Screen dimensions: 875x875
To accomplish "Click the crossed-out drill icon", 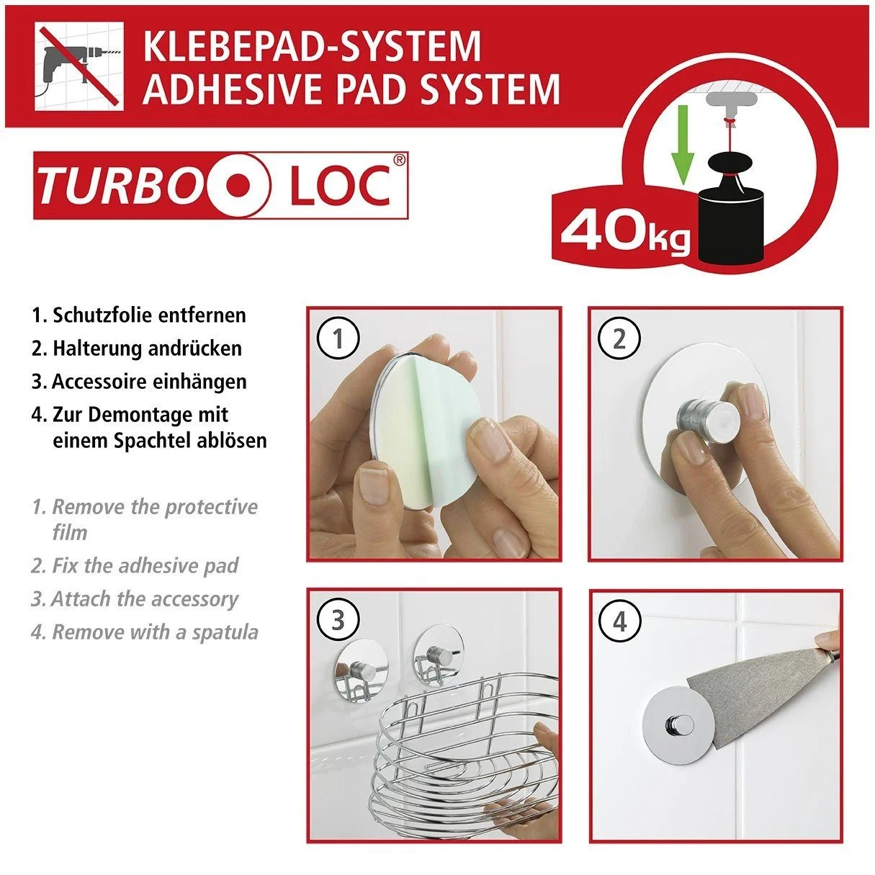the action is click(79, 66).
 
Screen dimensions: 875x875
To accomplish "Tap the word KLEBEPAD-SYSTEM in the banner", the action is click(312, 46).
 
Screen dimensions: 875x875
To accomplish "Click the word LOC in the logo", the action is click(340, 185).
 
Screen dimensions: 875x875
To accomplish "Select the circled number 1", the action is click(338, 338).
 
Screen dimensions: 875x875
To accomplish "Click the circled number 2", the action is click(619, 338).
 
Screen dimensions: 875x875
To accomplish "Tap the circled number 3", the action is click(338, 619).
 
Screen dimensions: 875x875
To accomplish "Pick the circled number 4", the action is click(619, 620).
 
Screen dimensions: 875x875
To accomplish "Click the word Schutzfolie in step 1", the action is click(102, 315).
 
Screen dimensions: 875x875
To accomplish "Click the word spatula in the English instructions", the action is click(225, 632).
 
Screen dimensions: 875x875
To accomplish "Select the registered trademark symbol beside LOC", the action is click(399, 160).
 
